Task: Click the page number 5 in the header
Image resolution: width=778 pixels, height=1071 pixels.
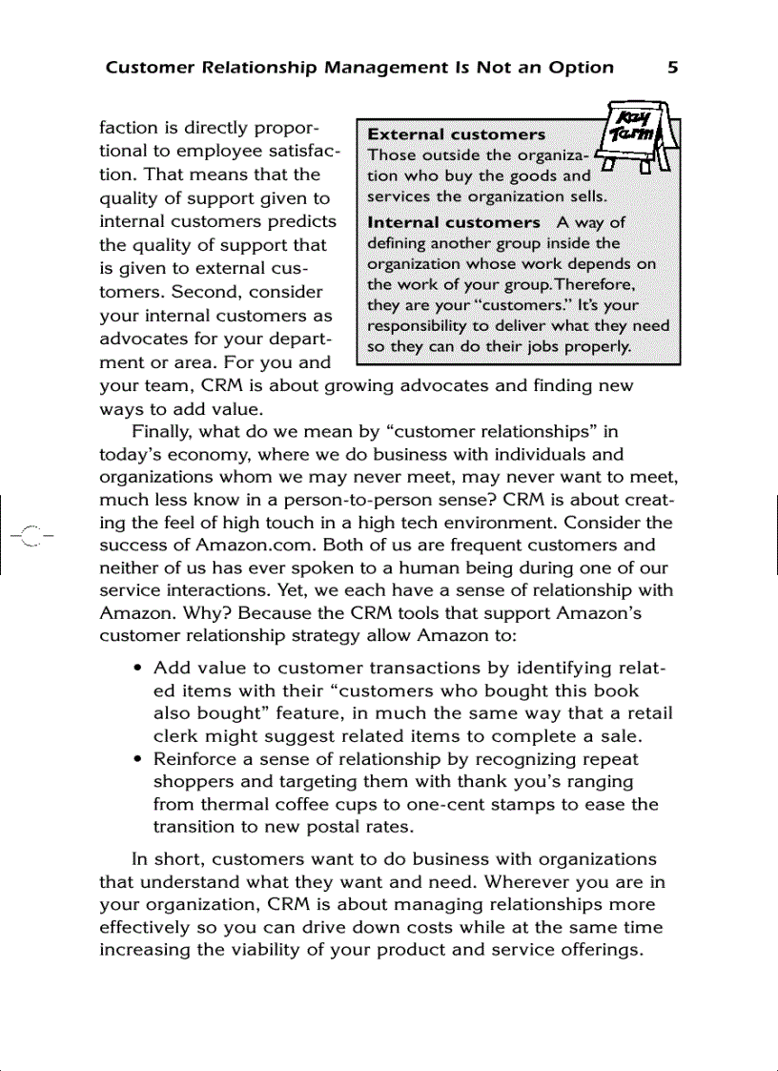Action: [672, 67]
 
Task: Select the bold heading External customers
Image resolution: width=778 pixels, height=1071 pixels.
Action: [456, 134]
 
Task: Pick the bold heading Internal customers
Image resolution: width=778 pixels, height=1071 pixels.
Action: [453, 222]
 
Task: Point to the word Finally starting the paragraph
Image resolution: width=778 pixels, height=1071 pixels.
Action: [163, 431]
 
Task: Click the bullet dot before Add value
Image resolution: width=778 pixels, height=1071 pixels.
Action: [139, 669]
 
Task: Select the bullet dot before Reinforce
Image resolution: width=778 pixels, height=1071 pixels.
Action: [139, 760]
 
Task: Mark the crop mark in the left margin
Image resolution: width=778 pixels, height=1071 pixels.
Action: [29, 536]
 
